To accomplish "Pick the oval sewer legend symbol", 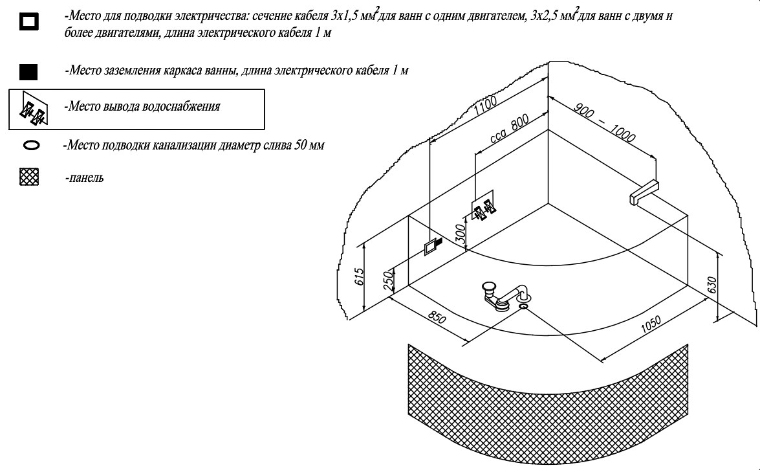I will (31, 146).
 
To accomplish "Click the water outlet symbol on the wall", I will (484, 208).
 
